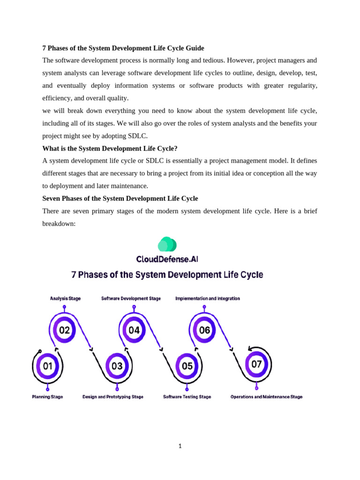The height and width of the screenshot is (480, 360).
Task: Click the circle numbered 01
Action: coord(48,366)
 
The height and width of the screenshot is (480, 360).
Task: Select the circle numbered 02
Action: coord(64,330)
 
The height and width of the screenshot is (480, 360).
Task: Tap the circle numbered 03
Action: coord(117,366)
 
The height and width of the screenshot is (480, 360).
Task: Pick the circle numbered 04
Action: coord(134,330)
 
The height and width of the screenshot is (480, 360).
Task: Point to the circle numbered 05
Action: coord(187,366)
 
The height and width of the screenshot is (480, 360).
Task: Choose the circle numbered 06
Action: coord(204,330)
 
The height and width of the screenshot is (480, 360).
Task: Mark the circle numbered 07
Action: coord(256,364)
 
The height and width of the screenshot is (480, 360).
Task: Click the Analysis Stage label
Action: coord(65,299)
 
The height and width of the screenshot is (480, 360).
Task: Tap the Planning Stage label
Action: coord(47,397)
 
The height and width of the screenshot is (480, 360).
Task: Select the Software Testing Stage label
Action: coord(187,397)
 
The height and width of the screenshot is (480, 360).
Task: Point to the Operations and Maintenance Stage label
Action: coord(266,397)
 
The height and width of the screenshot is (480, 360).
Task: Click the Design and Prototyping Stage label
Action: coord(113,397)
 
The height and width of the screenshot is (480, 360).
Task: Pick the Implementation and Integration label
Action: coord(208,299)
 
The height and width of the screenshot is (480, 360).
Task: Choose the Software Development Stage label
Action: coord(131,299)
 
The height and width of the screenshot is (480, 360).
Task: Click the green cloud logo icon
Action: coord(167,244)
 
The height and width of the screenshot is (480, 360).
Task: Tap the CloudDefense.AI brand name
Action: coord(167,259)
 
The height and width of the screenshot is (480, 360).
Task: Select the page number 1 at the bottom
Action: coord(180,446)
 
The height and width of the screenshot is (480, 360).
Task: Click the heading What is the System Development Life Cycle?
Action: coord(110,149)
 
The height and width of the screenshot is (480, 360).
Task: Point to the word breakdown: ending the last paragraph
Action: coord(59,224)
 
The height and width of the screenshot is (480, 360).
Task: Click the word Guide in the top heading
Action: coord(195,48)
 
